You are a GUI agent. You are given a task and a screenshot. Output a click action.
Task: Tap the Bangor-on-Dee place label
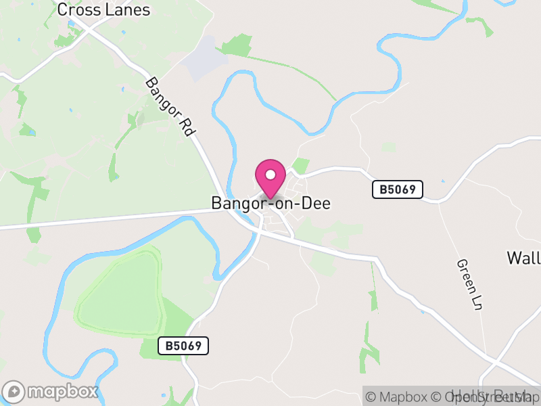tap(270, 203)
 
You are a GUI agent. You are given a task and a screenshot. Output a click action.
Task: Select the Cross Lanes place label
tap(103, 9)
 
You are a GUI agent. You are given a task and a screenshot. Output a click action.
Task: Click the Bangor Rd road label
tap(169, 108)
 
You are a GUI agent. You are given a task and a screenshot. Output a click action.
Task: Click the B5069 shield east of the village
tap(398, 189)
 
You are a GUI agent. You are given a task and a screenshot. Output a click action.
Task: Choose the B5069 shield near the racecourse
tap(183, 346)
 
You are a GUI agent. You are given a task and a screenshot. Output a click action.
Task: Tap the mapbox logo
tap(51, 391)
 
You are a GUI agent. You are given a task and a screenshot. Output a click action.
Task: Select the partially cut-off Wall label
tap(523, 258)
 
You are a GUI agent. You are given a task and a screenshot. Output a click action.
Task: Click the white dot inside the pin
tap(270, 175)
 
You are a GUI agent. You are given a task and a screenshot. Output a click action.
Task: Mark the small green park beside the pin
tap(301, 165)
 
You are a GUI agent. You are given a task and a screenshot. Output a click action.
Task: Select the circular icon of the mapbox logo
tap(15, 391)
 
